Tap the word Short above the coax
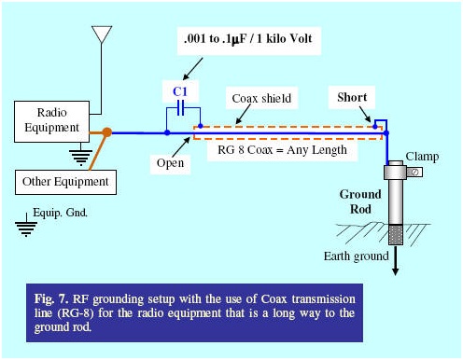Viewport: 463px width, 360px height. point(351,98)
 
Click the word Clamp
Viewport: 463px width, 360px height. point(421,157)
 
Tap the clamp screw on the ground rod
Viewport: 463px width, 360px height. point(411,173)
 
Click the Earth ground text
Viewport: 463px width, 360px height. point(357,256)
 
